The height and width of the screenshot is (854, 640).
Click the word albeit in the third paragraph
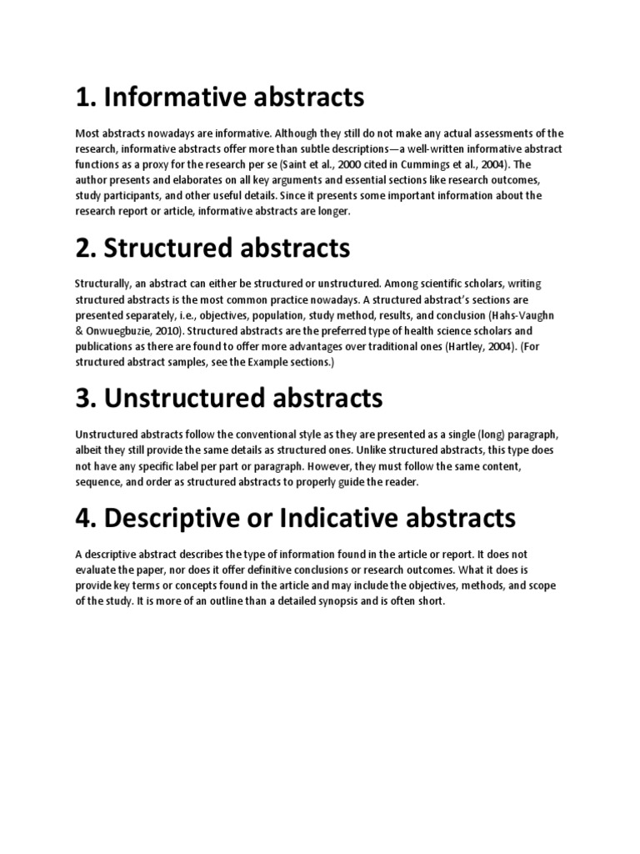point(89,449)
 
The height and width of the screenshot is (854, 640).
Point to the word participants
point(132,195)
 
